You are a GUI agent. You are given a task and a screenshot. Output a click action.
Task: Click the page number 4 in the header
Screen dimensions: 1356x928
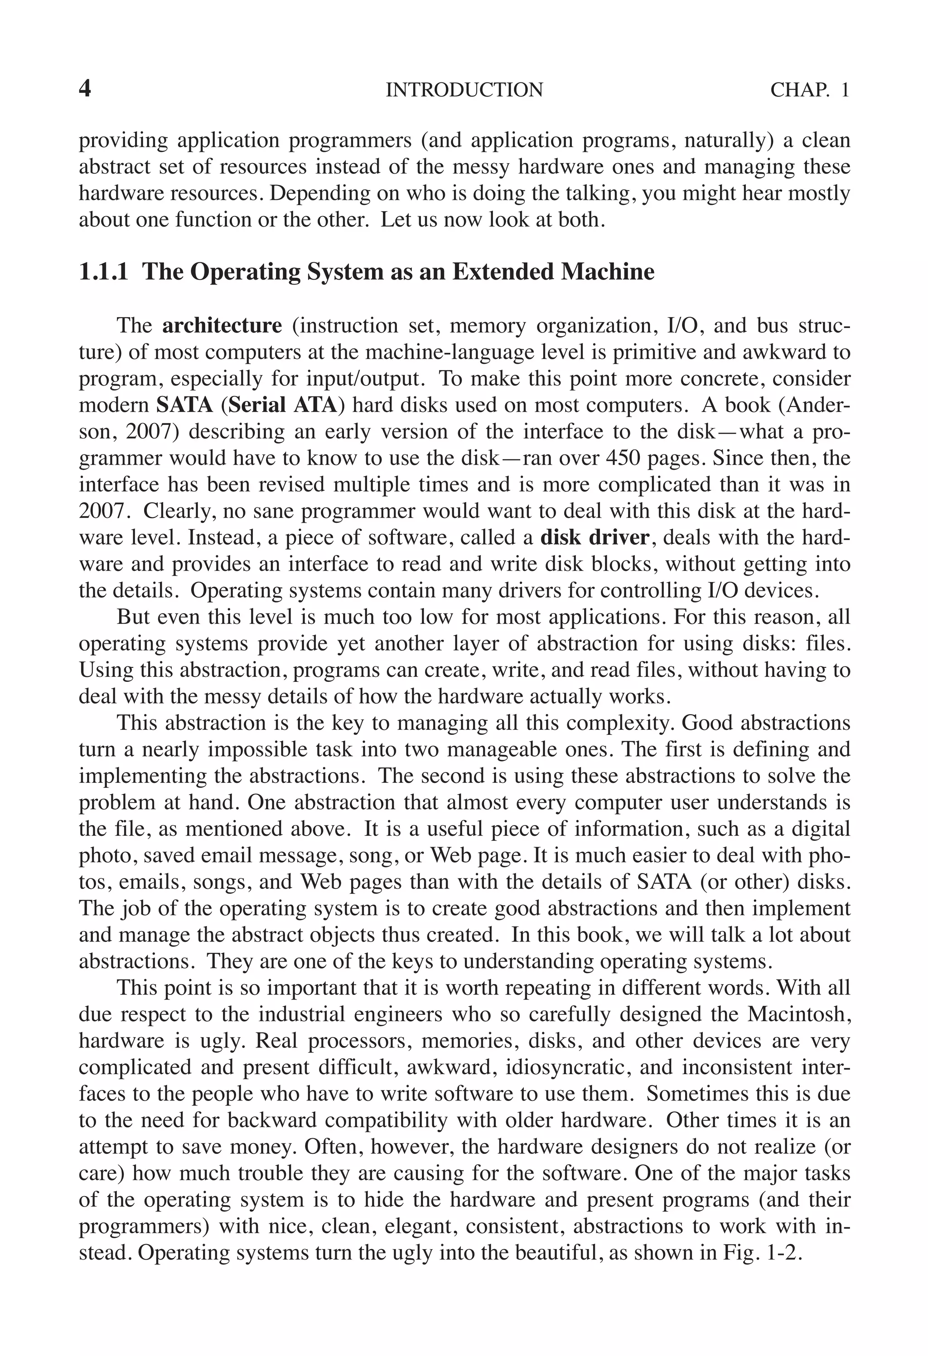(x=85, y=89)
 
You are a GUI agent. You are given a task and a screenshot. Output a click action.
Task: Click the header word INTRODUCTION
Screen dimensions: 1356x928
(x=464, y=90)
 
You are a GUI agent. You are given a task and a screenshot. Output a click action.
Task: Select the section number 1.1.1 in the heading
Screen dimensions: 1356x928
(x=103, y=272)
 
